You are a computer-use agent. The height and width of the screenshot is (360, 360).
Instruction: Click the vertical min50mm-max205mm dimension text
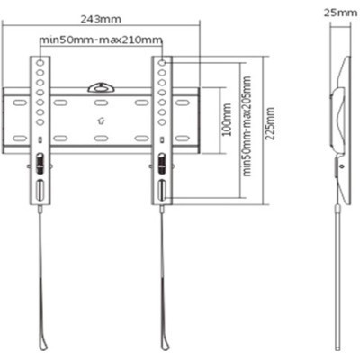(x=247, y=131)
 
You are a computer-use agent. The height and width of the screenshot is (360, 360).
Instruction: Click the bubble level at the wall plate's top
(x=101, y=87)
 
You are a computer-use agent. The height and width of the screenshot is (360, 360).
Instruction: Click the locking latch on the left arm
(x=41, y=166)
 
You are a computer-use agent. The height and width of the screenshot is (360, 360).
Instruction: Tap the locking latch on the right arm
(x=161, y=166)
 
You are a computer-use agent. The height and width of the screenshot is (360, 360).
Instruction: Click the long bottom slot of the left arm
(x=41, y=191)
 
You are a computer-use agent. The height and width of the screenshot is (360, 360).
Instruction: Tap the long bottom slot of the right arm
(x=161, y=191)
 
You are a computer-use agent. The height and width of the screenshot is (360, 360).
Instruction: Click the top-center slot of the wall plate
(x=101, y=103)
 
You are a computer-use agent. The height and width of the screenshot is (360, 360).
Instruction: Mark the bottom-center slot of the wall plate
(x=101, y=138)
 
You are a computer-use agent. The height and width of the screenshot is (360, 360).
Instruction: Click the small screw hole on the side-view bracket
(x=341, y=167)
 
